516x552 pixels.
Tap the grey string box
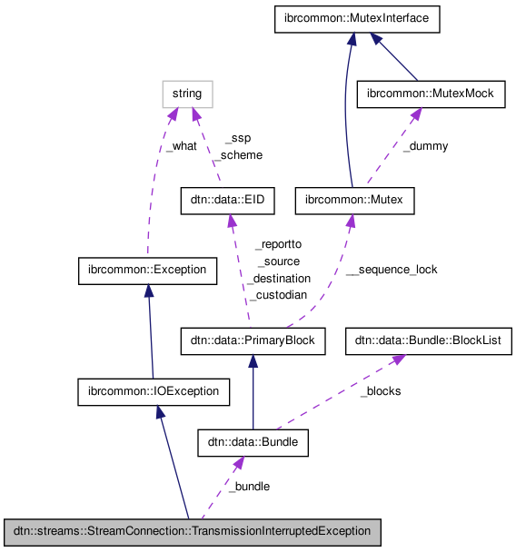point(188,94)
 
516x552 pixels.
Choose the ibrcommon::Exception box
point(147,270)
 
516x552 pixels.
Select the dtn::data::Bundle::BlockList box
point(428,341)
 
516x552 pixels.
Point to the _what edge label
point(181,145)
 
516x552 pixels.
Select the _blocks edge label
point(380,391)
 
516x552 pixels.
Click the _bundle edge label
point(248,486)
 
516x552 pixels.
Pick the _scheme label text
point(237,154)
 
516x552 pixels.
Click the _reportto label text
point(277,244)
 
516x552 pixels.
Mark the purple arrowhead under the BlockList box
point(398,360)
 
